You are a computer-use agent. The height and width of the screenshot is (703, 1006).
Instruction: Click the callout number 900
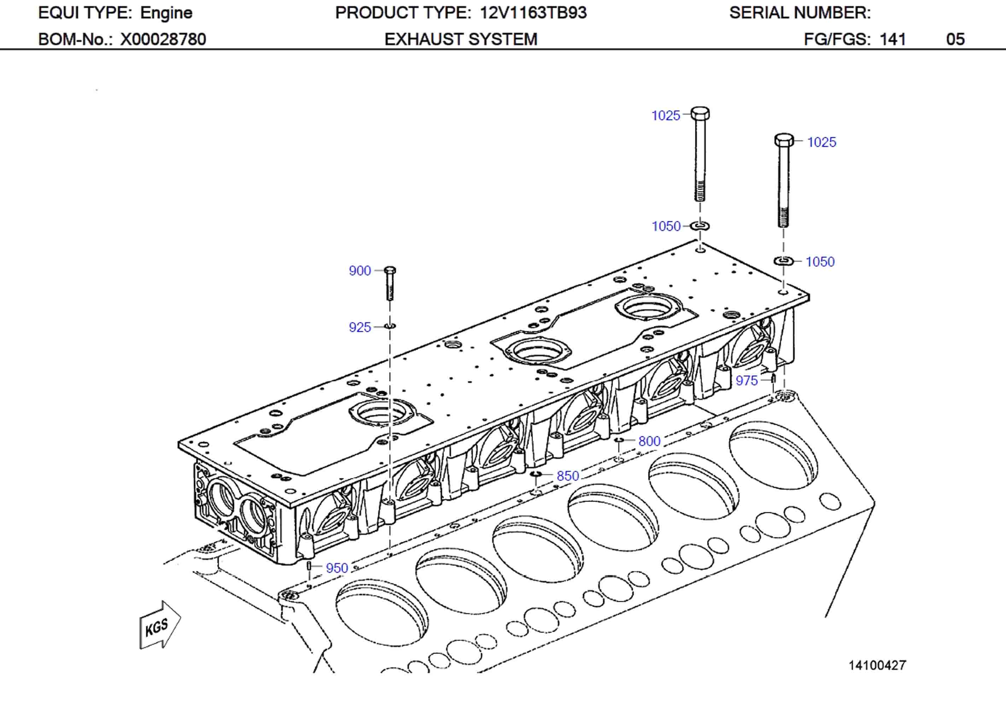(x=360, y=271)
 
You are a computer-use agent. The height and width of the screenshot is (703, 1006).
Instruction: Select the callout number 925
(x=360, y=327)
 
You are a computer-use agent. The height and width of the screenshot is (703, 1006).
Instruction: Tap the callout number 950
(x=337, y=568)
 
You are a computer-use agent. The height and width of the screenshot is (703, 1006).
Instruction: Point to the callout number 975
(x=747, y=380)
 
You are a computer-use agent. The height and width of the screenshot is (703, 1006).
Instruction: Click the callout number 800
(x=649, y=441)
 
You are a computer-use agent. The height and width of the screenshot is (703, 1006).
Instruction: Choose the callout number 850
(x=568, y=476)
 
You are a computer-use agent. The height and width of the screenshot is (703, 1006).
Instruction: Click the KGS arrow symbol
(x=159, y=626)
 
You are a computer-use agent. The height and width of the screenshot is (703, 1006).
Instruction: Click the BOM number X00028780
(x=163, y=40)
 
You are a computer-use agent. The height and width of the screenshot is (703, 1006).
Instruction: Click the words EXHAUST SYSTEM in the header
(x=461, y=40)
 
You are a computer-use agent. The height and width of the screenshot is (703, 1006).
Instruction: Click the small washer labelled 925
(x=390, y=326)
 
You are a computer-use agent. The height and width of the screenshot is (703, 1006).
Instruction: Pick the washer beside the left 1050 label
(x=700, y=226)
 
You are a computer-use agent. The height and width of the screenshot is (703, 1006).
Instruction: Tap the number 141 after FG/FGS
(x=893, y=40)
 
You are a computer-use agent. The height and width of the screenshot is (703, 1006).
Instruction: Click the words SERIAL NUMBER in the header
(x=800, y=13)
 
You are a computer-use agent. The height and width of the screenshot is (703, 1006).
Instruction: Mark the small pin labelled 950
(x=309, y=566)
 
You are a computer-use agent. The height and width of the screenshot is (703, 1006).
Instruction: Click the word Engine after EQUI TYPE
(x=166, y=13)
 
